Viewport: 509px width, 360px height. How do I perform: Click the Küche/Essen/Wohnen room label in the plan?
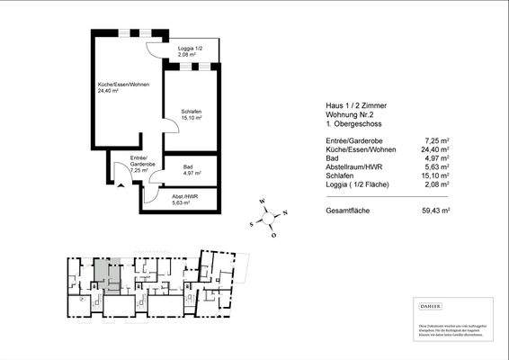click(x=123, y=86)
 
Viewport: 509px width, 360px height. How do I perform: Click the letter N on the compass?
click(x=284, y=214)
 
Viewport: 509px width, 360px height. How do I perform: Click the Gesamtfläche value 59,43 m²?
click(x=435, y=210)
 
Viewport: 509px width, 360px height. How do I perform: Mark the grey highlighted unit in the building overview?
click(x=105, y=275)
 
